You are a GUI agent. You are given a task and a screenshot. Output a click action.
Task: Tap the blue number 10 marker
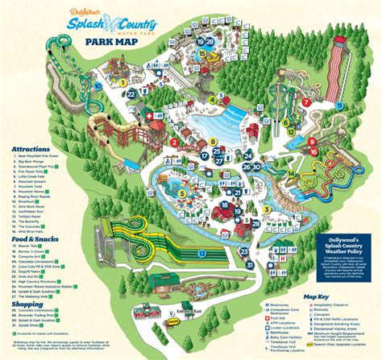pos(98,82)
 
